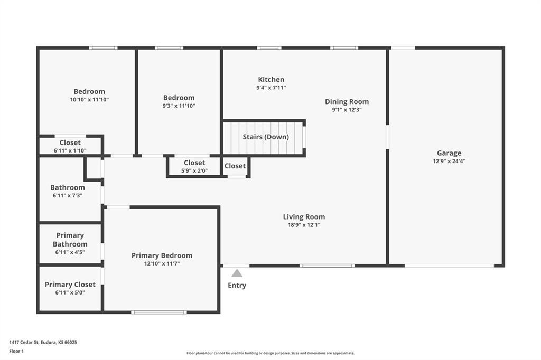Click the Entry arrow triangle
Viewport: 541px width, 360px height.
tap(237, 273)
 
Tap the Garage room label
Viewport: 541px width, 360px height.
tap(449, 153)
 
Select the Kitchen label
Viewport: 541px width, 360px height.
tap(271, 79)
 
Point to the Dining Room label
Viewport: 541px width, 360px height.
tap(347, 101)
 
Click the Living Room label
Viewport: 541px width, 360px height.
tap(304, 216)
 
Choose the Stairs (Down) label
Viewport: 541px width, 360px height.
tap(266, 137)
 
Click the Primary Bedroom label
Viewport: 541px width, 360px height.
tap(162, 255)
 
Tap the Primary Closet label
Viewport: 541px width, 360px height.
tap(70, 285)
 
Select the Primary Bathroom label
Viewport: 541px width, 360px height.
tap(70, 240)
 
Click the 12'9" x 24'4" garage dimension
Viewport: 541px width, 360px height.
tap(449, 162)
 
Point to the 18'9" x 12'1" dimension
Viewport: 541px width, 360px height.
tap(304, 225)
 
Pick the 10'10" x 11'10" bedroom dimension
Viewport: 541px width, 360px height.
tap(89, 99)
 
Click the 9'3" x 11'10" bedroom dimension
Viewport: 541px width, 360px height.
tap(179, 106)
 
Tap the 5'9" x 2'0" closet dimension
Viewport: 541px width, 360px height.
tap(194, 170)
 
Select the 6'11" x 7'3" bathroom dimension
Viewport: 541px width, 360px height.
tap(68, 195)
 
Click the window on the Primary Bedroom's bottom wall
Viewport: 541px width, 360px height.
tap(159, 312)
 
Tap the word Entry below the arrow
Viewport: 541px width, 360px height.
tap(237, 286)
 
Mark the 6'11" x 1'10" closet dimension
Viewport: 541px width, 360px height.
tap(70, 150)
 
